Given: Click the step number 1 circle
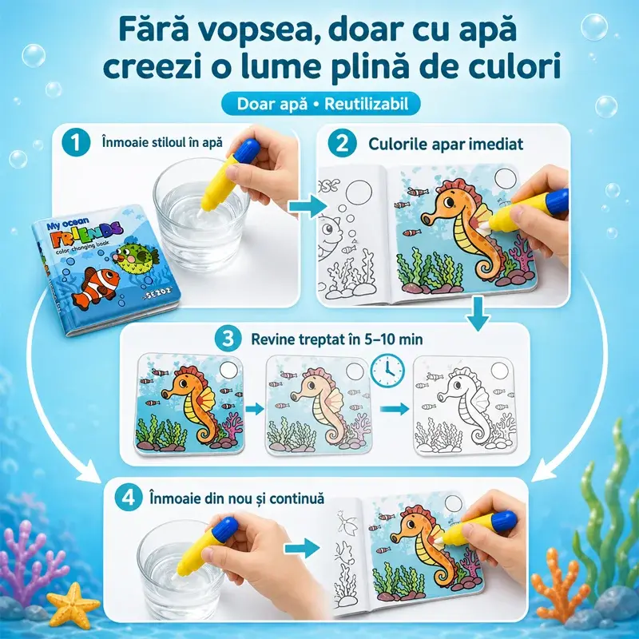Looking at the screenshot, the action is pyautogui.click(x=76, y=143).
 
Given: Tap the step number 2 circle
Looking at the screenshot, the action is pyautogui.click(x=343, y=144).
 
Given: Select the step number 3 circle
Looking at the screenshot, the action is pyautogui.click(x=228, y=339).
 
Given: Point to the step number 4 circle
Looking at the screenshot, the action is pyautogui.click(x=129, y=498).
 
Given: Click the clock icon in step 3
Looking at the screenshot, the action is pyautogui.click(x=387, y=371).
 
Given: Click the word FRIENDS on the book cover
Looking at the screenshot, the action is pyautogui.click(x=88, y=235).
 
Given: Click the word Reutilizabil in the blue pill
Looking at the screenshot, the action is pyautogui.click(x=366, y=104).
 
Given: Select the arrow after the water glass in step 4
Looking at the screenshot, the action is pyautogui.click(x=302, y=548).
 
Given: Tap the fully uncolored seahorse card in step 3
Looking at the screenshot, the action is pyautogui.click(x=465, y=406).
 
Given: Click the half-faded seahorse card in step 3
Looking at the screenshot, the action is pyautogui.click(x=318, y=405).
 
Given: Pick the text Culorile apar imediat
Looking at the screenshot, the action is pyautogui.click(x=446, y=144).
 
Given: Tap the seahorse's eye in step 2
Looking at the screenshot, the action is pyautogui.click(x=448, y=202).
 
